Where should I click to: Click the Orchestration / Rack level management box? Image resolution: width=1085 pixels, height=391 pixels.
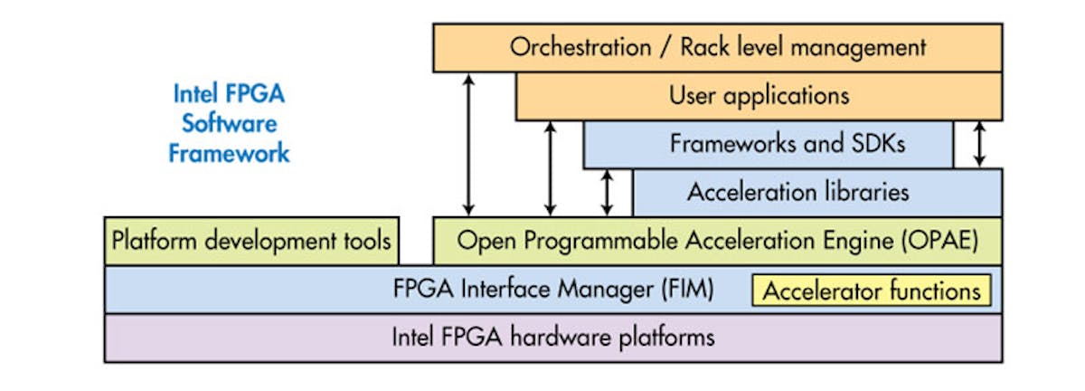(717, 47)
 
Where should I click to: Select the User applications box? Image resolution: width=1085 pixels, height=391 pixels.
(759, 95)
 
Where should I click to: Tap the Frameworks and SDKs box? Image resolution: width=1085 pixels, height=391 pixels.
(768, 144)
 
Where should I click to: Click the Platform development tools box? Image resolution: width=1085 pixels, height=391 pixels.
(251, 241)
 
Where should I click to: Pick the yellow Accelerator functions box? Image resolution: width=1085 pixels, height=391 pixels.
(872, 291)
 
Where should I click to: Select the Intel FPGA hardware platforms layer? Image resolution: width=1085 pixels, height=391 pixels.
(552, 338)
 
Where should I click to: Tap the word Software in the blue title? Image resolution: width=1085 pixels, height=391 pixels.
(230, 123)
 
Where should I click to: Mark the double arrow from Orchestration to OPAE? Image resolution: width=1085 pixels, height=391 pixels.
(468, 144)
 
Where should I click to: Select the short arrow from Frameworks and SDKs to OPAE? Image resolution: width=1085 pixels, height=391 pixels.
(608, 192)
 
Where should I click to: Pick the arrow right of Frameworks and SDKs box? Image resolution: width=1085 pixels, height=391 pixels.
(978, 144)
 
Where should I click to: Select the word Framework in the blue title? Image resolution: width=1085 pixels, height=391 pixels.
(230, 152)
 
